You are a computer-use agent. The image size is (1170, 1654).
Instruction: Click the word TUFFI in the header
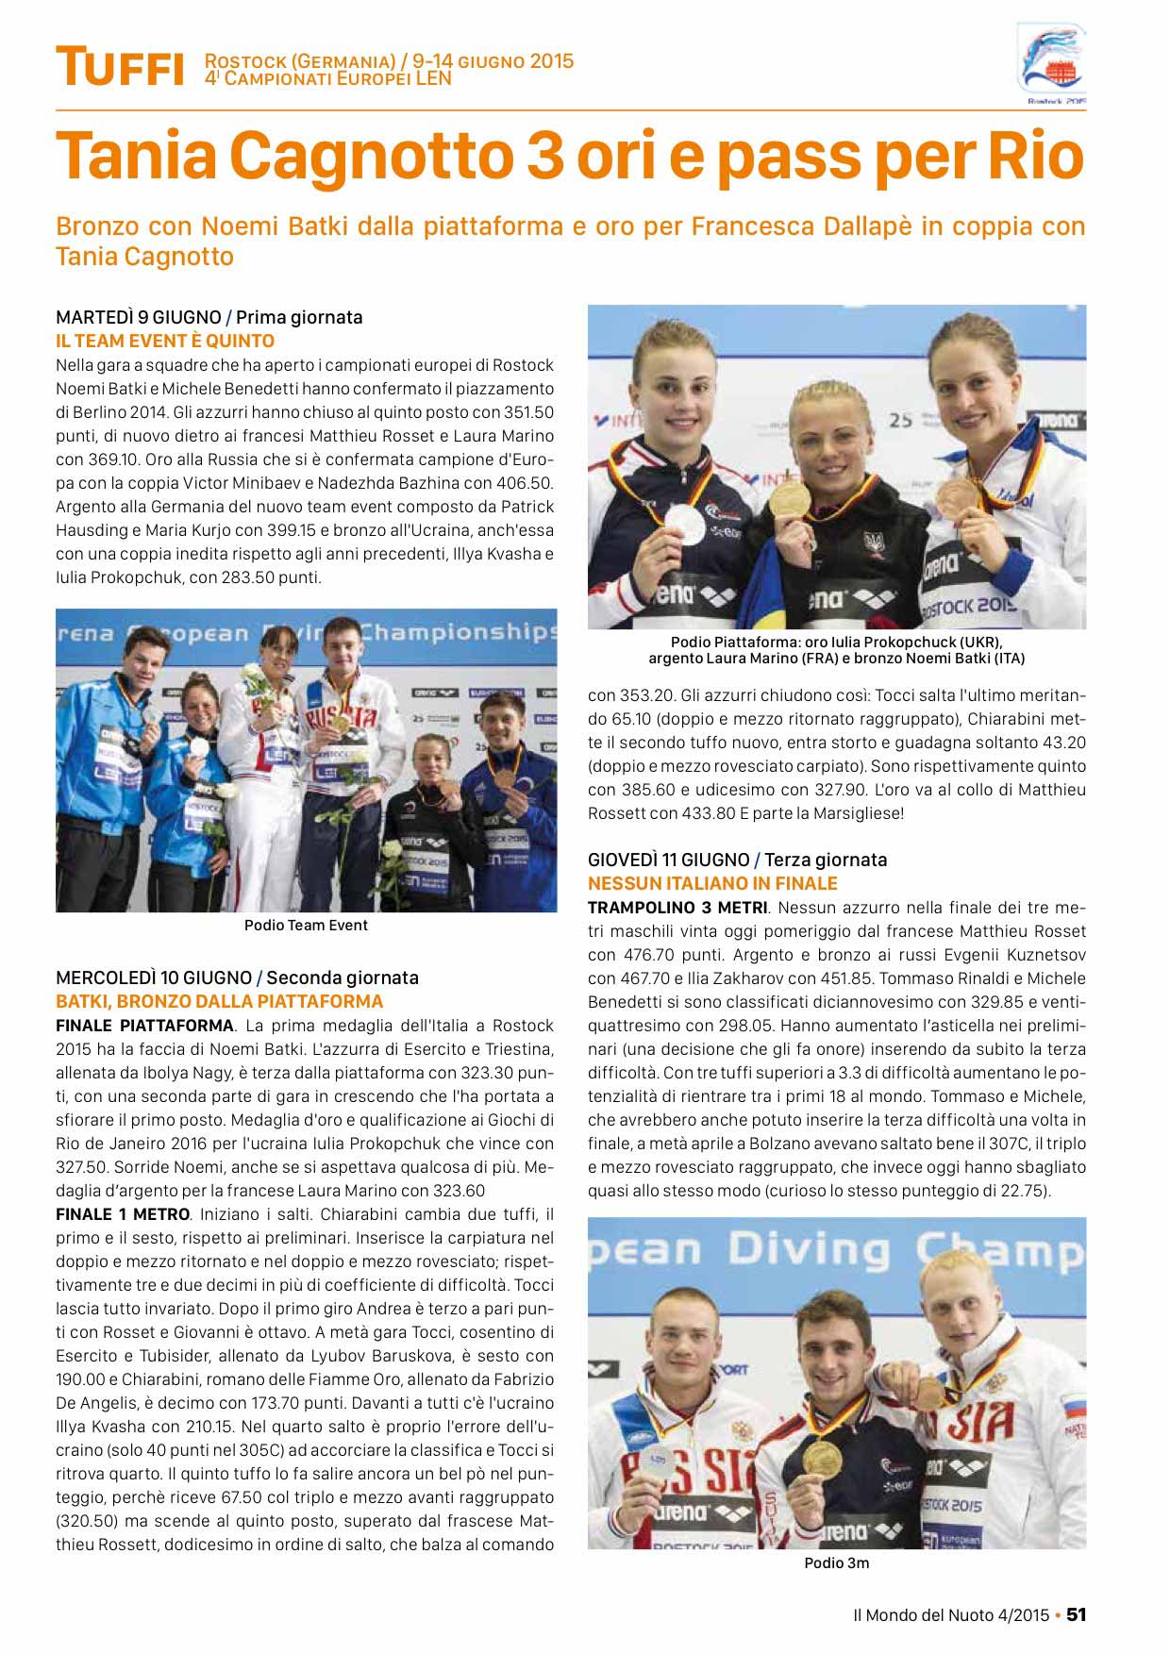click(120, 67)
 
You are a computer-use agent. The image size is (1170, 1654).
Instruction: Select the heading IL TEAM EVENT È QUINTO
click(165, 341)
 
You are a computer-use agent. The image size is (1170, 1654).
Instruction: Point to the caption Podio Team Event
click(306, 925)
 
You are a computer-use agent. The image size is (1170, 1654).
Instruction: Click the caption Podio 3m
click(836, 1562)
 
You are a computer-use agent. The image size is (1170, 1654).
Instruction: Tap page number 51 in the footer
click(1077, 1614)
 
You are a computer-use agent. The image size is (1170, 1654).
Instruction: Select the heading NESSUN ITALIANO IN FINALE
click(712, 883)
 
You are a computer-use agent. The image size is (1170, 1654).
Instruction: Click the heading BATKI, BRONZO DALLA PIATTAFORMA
click(220, 1001)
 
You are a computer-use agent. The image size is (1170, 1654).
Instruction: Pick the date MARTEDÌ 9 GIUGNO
click(139, 317)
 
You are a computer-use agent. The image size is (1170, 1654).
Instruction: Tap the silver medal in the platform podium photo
click(685, 524)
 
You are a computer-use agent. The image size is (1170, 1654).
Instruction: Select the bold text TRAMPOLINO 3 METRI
click(677, 908)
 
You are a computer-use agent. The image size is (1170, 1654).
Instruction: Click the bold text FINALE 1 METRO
click(123, 1214)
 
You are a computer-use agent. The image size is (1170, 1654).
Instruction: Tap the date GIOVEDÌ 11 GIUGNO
click(668, 860)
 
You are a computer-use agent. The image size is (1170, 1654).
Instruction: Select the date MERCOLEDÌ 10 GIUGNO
click(154, 977)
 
